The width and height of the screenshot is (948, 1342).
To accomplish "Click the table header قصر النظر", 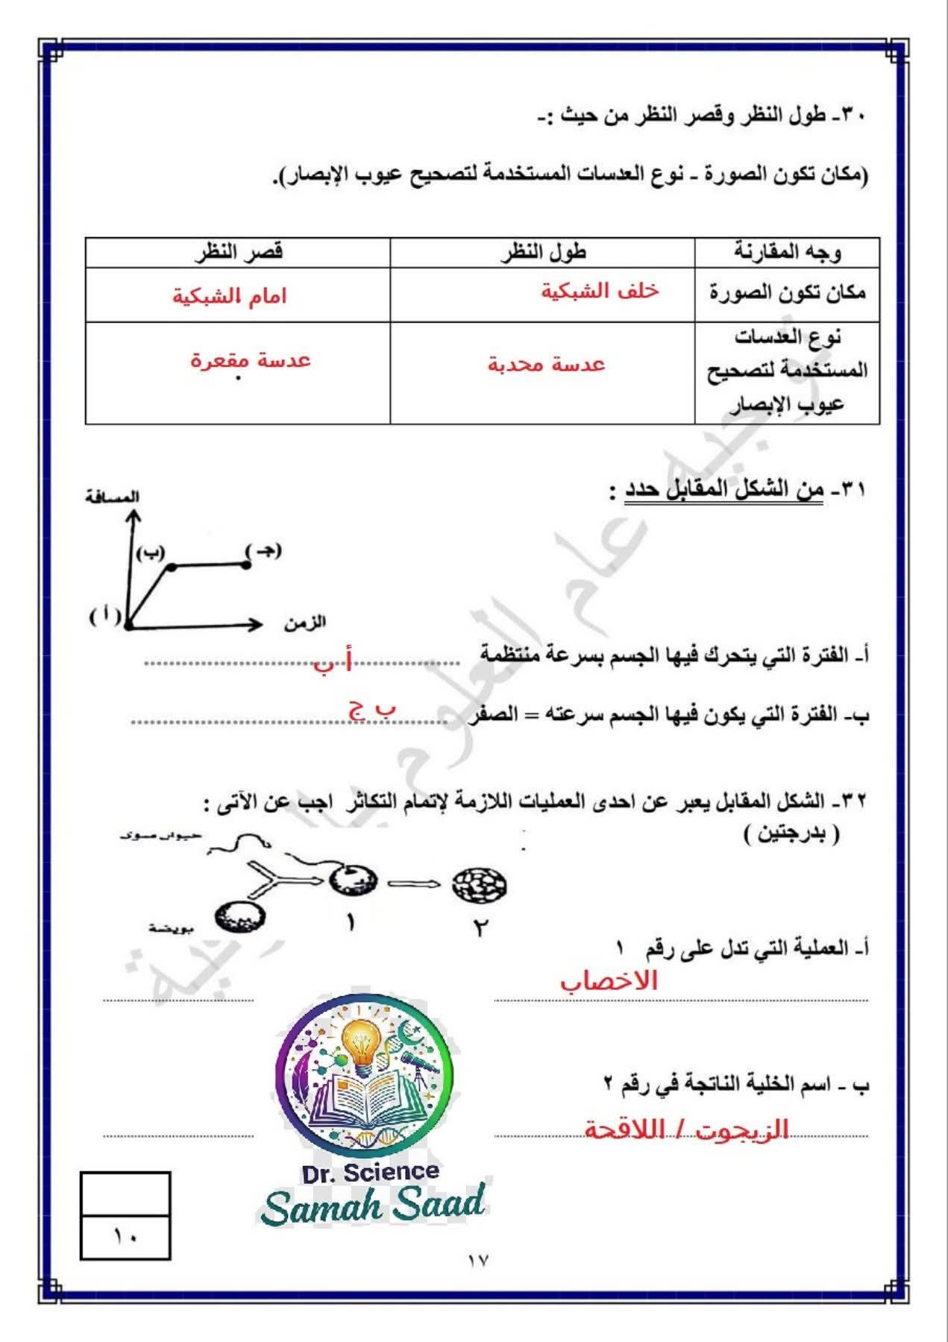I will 238,252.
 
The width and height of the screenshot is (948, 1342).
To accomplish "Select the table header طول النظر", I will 543,252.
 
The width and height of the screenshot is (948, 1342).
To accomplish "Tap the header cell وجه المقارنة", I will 788,252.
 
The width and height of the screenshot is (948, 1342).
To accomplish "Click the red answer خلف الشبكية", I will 600,291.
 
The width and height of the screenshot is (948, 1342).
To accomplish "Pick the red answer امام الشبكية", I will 230,296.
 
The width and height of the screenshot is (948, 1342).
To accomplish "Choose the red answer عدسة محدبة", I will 547,365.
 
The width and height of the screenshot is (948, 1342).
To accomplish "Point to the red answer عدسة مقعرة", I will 250,361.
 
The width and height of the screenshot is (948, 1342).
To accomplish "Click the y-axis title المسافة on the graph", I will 113,497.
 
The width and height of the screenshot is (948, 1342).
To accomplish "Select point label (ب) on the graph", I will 151,552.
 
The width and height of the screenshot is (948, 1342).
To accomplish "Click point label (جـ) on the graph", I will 263,552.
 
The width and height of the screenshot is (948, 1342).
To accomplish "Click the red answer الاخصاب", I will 609,981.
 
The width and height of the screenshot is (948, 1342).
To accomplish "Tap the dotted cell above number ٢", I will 480,885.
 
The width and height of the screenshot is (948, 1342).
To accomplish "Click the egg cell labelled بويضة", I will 241,917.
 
